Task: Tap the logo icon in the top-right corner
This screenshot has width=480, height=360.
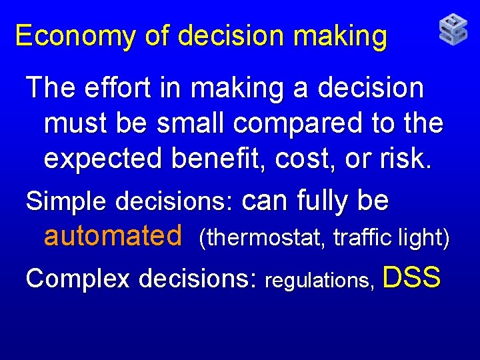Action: [x=453, y=30]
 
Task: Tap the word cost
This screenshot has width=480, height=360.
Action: [x=319, y=159]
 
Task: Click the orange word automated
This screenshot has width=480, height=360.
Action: [x=113, y=235]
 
